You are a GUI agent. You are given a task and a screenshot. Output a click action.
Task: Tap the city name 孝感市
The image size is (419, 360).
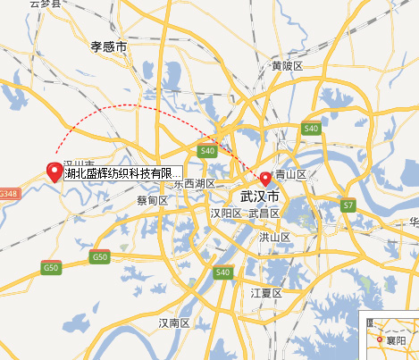coord(109,45)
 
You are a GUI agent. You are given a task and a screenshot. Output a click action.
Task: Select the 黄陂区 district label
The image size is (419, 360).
coord(288,66)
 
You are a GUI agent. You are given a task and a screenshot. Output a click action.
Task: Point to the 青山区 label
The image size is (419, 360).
coord(291,175)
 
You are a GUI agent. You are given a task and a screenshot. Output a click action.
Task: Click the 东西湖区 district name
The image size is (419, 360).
coord(195,183)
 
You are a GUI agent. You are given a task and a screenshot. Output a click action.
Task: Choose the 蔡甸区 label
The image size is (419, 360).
coord(153,201)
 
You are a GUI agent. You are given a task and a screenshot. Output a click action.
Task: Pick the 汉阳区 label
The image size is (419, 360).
coord(226,213)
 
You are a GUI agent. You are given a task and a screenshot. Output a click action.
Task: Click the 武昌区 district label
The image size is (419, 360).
coord(264,213)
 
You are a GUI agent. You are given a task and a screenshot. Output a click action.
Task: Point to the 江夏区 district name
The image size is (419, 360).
coord(266,293)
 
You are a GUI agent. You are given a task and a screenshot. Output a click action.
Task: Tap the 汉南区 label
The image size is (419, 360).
coord(173,322)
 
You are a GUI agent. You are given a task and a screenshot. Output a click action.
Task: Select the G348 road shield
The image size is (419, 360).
coord(9,193)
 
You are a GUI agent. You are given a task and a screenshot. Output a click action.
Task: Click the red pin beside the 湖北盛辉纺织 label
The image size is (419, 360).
coord(54,172)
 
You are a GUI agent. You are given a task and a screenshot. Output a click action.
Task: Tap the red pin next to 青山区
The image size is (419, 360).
coord(265,177)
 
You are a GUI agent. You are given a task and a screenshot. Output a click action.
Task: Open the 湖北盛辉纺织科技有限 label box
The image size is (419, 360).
coord(123,173)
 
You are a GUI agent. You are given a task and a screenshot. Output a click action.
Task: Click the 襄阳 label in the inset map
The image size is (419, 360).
coord(397,341)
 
